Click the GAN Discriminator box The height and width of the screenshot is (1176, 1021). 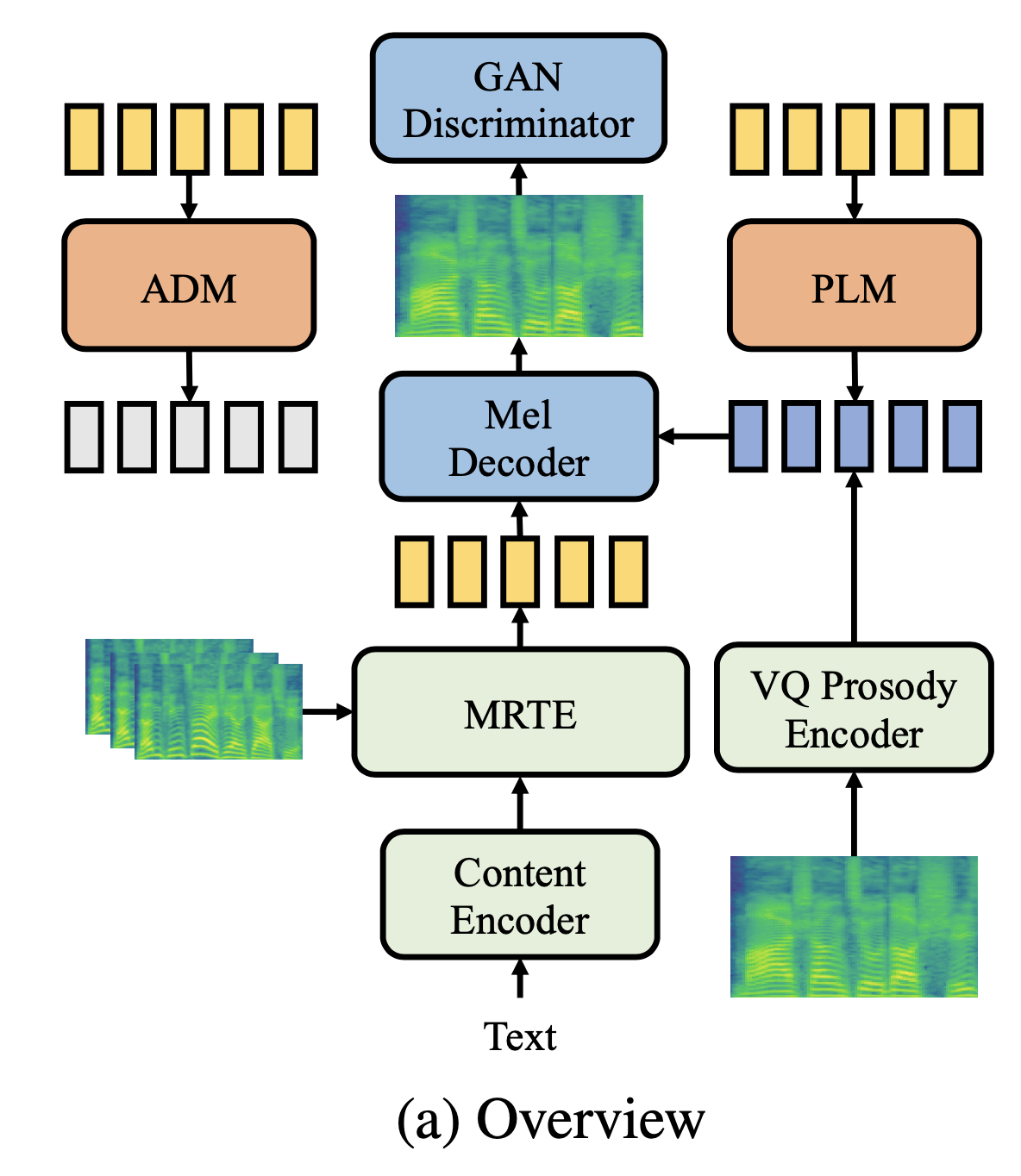(518, 99)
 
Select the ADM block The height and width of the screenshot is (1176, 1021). (189, 286)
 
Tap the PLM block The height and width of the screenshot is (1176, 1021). (854, 286)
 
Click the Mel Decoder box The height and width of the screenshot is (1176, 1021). (518, 437)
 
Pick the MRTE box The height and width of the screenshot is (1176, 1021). (520, 713)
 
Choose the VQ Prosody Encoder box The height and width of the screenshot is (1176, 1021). (854, 708)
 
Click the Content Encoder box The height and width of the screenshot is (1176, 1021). (520, 895)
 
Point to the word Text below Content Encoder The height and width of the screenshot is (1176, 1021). (520, 1036)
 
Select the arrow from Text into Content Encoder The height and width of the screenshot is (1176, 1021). (520, 979)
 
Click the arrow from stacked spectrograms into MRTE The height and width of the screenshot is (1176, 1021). (328, 711)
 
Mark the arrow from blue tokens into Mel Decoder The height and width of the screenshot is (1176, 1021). (693, 436)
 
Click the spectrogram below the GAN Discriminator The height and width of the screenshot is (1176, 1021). (519, 266)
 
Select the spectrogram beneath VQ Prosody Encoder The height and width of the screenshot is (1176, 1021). (854, 927)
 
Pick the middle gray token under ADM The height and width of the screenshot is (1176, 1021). (190, 436)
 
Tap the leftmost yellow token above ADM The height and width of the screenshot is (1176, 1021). (85, 139)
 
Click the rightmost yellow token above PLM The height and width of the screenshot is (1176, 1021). (962, 139)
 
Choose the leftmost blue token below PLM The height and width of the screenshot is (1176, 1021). (749, 436)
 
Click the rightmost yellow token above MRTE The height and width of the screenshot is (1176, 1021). (628, 572)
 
